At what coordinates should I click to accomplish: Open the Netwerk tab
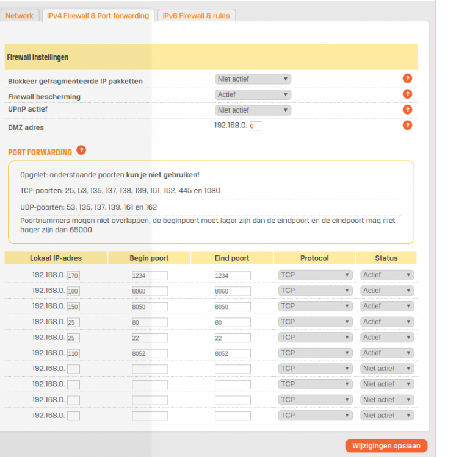point(20,15)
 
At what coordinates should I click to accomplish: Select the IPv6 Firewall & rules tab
point(196,15)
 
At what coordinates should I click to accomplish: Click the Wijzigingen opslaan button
point(386,445)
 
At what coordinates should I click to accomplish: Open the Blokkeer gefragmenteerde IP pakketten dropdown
point(253,79)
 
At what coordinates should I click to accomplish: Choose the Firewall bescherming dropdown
point(253,94)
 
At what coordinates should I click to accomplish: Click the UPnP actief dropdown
point(253,110)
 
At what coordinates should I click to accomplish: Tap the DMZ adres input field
point(256,126)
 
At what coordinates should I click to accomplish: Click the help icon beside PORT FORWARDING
point(81,150)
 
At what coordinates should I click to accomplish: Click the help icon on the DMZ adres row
point(407,126)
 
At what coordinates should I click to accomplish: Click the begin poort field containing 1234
point(150,275)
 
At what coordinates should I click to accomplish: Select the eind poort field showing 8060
point(233,291)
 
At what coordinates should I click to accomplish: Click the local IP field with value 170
point(73,275)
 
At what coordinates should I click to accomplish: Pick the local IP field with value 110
point(73,353)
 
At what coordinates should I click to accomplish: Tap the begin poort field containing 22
point(150,338)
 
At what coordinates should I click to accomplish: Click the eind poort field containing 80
point(233,322)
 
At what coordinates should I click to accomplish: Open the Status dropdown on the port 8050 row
point(387,306)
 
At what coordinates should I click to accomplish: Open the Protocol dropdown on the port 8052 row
point(315,353)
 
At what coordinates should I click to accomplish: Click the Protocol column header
point(314,258)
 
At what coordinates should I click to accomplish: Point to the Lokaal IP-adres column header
point(56,258)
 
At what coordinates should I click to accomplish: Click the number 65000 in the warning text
point(81,230)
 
